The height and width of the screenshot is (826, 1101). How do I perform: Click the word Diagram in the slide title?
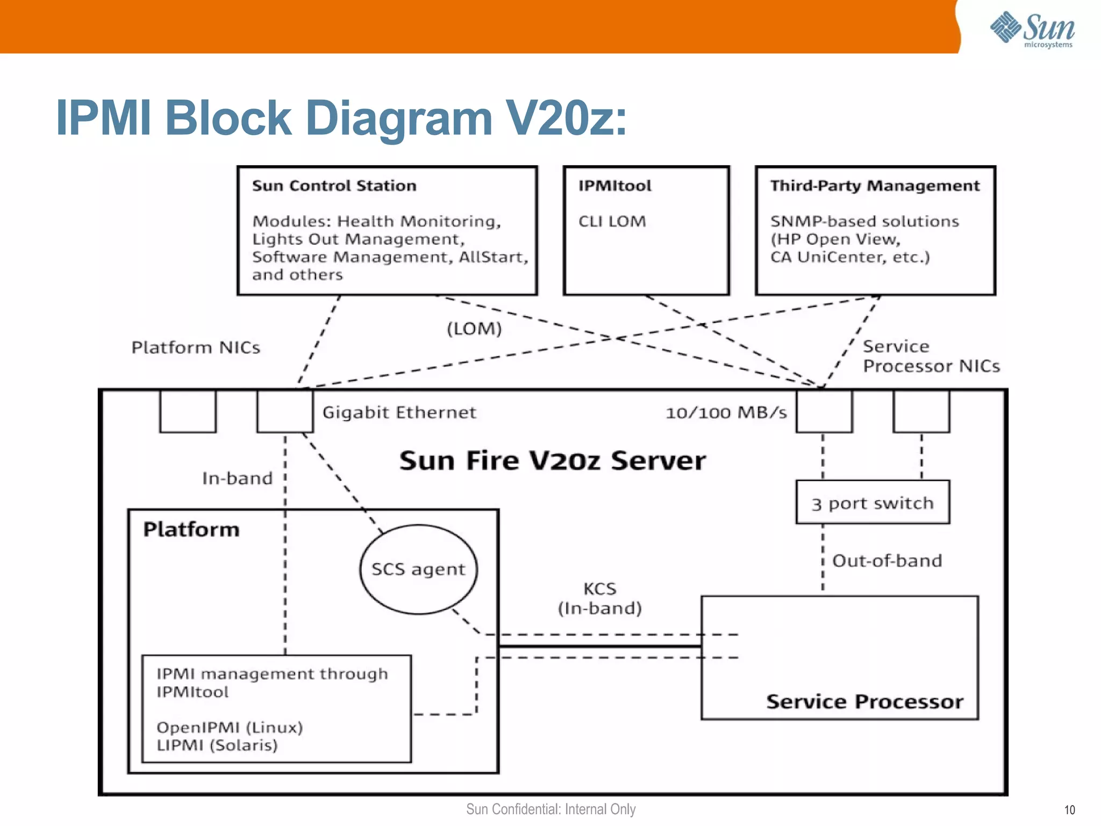click(x=398, y=118)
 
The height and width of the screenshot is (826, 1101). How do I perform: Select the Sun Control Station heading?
click(x=334, y=186)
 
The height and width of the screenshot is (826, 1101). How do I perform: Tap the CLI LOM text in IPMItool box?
click(x=612, y=222)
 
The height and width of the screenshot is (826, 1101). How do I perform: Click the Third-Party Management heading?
click(x=875, y=186)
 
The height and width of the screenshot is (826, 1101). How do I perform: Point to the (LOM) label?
click(x=474, y=329)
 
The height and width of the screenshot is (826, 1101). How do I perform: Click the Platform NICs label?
click(x=196, y=348)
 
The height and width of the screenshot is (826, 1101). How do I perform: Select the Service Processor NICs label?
click(x=931, y=357)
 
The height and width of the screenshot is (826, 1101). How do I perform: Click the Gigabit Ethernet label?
click(x=399, y=412)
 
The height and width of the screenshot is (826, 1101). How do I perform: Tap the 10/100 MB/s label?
click(x=726, y=413)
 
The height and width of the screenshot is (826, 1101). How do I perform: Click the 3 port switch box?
click(x=873, y=503)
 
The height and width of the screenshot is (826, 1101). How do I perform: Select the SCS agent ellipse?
click(x=418, y=569)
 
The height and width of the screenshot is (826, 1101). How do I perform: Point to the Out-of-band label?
click(x=887, y=561)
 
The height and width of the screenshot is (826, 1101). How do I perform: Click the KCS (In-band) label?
click(x=600, y=599)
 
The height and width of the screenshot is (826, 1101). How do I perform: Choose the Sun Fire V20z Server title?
click(x=552, y=461)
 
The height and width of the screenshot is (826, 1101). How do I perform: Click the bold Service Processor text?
click(x=864, y=702)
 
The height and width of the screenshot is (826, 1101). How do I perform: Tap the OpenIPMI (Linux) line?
click(x=230, y=728)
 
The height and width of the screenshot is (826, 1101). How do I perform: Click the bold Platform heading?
click(x=191, y=530)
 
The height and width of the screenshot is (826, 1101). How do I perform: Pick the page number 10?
click(x=1069, y=810)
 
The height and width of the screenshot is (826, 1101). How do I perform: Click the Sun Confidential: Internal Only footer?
click(x=550, y=809)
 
